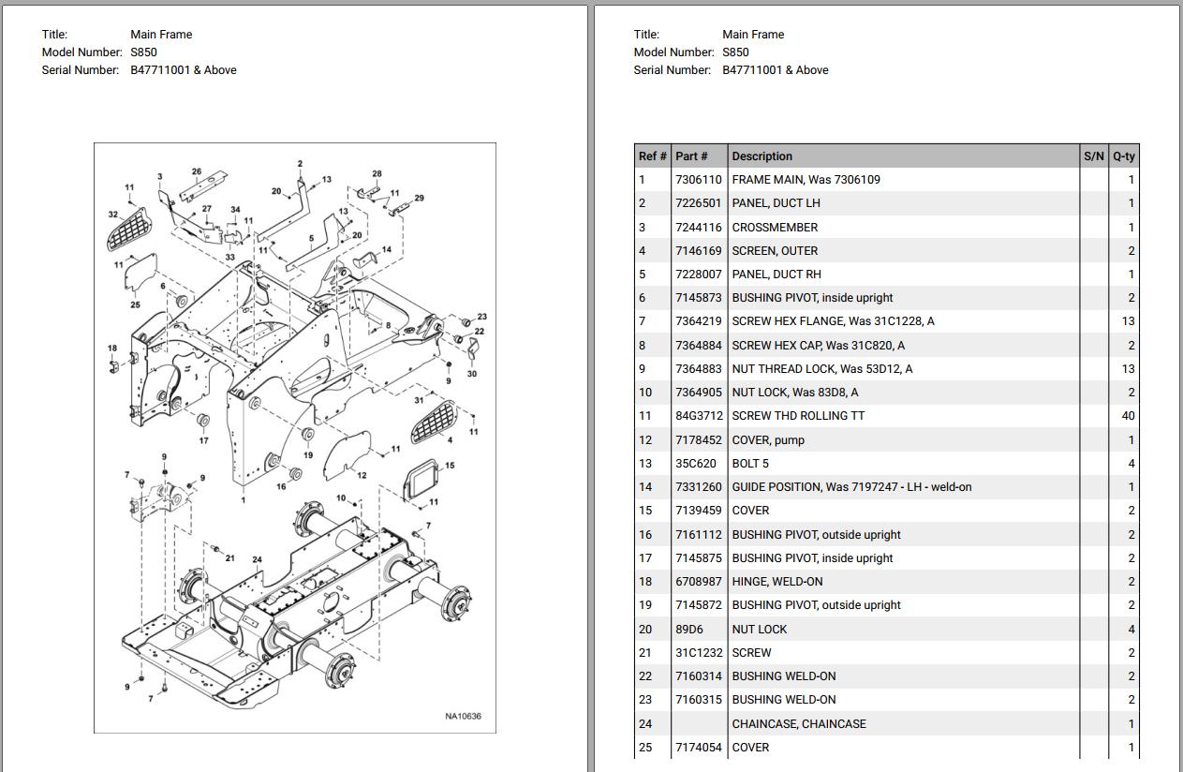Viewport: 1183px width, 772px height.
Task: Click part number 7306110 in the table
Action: pos(698,180)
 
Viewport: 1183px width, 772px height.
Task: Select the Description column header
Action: pos(762,156)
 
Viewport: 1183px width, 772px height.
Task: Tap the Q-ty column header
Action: pos(1123,156)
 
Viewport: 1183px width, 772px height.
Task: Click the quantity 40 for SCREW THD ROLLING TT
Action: pos(1127,416)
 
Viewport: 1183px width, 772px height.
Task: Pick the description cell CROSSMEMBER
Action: pos(775,228)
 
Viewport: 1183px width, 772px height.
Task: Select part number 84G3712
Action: pos(698,416)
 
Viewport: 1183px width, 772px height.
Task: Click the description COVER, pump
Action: pos(768,440)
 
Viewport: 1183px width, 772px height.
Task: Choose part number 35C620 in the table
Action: pos(695,464)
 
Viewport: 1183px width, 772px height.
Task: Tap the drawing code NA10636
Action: pos(463,717)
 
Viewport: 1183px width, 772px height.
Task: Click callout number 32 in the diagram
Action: pos(113,215)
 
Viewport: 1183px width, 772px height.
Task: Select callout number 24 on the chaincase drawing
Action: pos(257,559)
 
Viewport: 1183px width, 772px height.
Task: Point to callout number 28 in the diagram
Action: pos(377,174)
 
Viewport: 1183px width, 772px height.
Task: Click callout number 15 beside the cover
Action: pos(450,466)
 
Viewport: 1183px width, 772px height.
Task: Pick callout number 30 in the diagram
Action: pos(471,374)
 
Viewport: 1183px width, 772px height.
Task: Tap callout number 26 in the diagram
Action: pos(197,171)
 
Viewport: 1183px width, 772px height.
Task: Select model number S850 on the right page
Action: pos(735,52)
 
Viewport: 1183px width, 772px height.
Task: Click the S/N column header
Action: pos(1093,156)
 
